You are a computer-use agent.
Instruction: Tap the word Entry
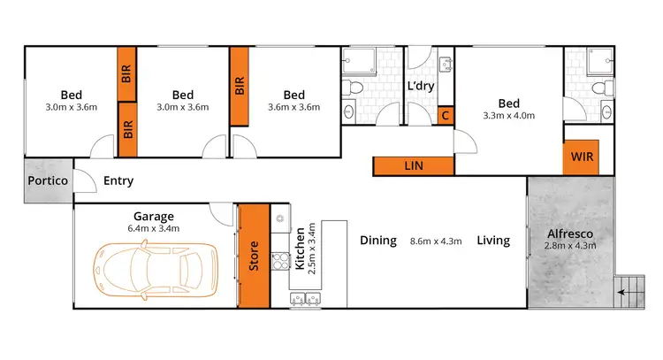tap(118, 181)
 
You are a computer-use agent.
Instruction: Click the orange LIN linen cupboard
tap(413, 165)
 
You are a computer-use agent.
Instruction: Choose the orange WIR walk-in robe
tap(582, 157)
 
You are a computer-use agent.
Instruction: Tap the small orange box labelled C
tap(446, 116)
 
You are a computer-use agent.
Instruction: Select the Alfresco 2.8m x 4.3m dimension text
tap(569, 245)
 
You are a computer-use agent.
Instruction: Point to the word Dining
tap(377, 240)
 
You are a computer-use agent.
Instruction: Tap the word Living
tap(493, 240)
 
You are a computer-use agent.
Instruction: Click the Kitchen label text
tap(301, 247)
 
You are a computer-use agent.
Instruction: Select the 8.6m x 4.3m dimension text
tap(436, 241)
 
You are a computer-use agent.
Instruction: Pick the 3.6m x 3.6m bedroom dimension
tap(294, 108)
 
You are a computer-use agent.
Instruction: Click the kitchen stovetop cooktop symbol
tap(282, 260)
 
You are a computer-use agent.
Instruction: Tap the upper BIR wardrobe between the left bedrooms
tap(126, 75)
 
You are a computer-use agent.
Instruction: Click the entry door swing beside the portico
tap(85, 180)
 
